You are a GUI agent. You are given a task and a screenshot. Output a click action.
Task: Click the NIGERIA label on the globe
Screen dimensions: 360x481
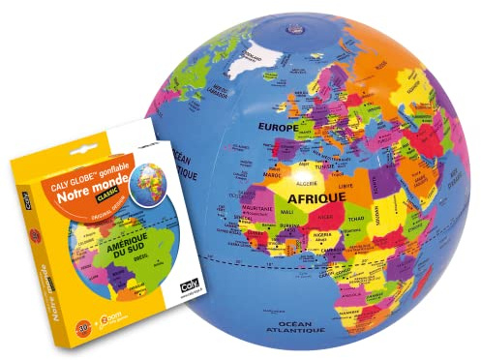pyautogui.click(x=323, y=235)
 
